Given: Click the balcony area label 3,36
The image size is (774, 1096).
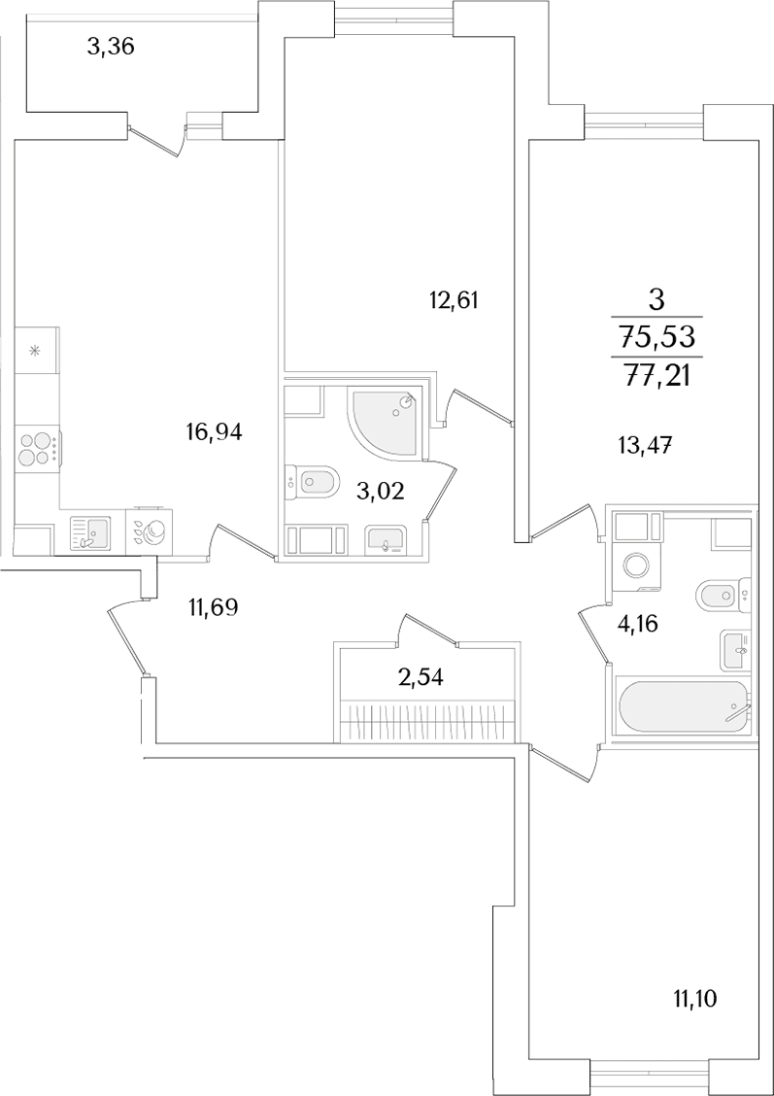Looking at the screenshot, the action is tap(111, 48).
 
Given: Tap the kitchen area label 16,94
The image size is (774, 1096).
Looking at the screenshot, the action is tap(215, 433).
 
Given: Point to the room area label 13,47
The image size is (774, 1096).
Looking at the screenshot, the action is tap(649, 444).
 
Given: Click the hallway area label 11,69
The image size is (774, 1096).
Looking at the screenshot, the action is tap(214, 607).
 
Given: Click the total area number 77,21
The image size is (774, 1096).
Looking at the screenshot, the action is tap(656, 377).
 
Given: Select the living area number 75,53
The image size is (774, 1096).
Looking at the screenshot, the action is tap(656, 338).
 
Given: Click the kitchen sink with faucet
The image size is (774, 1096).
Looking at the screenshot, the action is tap(90, 534).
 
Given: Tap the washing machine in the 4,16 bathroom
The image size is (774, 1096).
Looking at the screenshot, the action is tap(636, 565).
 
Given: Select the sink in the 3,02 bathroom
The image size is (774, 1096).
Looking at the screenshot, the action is tap(384, 540).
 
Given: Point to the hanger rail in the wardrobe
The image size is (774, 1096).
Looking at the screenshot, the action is tap(429, 719).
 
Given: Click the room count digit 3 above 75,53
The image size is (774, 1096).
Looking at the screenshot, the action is tap(656, 300).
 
